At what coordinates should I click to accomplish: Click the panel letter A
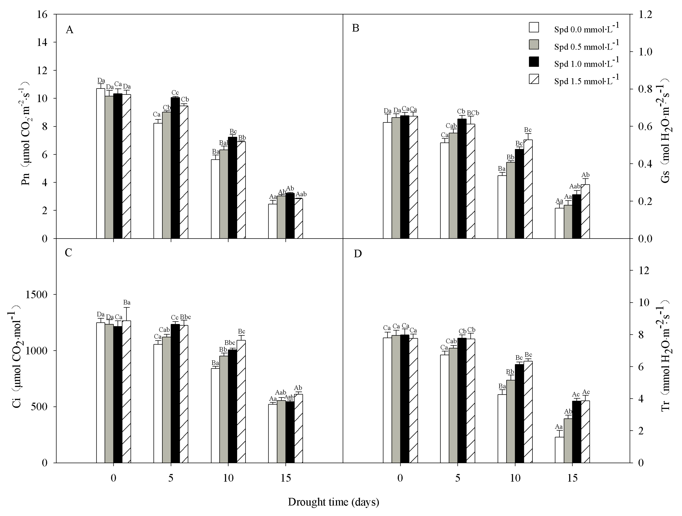pos(70,30)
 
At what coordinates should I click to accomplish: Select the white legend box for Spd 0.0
pos(534,27)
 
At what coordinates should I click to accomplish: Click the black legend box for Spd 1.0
pos(534,62)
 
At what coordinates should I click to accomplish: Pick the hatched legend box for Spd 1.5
pos(534,79)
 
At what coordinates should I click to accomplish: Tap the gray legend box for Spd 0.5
pos(534,44)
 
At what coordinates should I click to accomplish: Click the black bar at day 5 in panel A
pos(175,168)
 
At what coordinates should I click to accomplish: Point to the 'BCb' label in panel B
pos(473,113)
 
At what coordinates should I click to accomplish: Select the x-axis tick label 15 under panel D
pos(572,478)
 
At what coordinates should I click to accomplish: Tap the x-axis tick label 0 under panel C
pos(114,478)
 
